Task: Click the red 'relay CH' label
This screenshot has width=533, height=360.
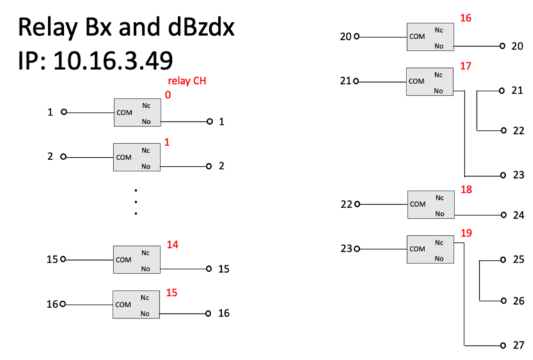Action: [x=187, y=81]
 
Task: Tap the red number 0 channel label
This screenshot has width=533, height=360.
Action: [x=168, y=95]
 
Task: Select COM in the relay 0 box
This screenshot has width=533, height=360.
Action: [x=124, y=113]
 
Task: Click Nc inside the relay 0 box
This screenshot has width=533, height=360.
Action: [x=146, y=105]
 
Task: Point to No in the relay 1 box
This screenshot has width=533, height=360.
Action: [x=146, y=166]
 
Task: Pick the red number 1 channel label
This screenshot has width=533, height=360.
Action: [x=167, y=142]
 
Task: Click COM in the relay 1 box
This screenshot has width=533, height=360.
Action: [x=124, y=157]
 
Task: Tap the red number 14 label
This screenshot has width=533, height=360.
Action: [x=173, y=245]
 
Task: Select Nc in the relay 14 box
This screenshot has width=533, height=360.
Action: [x=145, y=253]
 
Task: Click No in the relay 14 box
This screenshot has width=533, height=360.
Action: [x=145, y=269]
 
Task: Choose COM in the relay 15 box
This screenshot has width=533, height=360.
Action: [x=123, y=305]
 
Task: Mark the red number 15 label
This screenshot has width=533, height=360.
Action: [x=172, y=292]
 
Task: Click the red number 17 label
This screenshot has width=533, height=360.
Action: [x=466, y=65]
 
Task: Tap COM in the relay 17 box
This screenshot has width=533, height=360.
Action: [x=416, y=81]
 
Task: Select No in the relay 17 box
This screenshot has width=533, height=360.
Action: [x=439, y=91]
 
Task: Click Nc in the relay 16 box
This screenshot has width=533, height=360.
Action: [x=439, y=30]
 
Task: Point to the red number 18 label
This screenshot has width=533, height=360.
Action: [x=466, y=190]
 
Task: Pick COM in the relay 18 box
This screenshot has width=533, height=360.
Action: [x=418, y=204]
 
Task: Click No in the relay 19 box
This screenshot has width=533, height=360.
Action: [x=439, y=259]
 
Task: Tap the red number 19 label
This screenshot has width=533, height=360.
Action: [x=466, y=233]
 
